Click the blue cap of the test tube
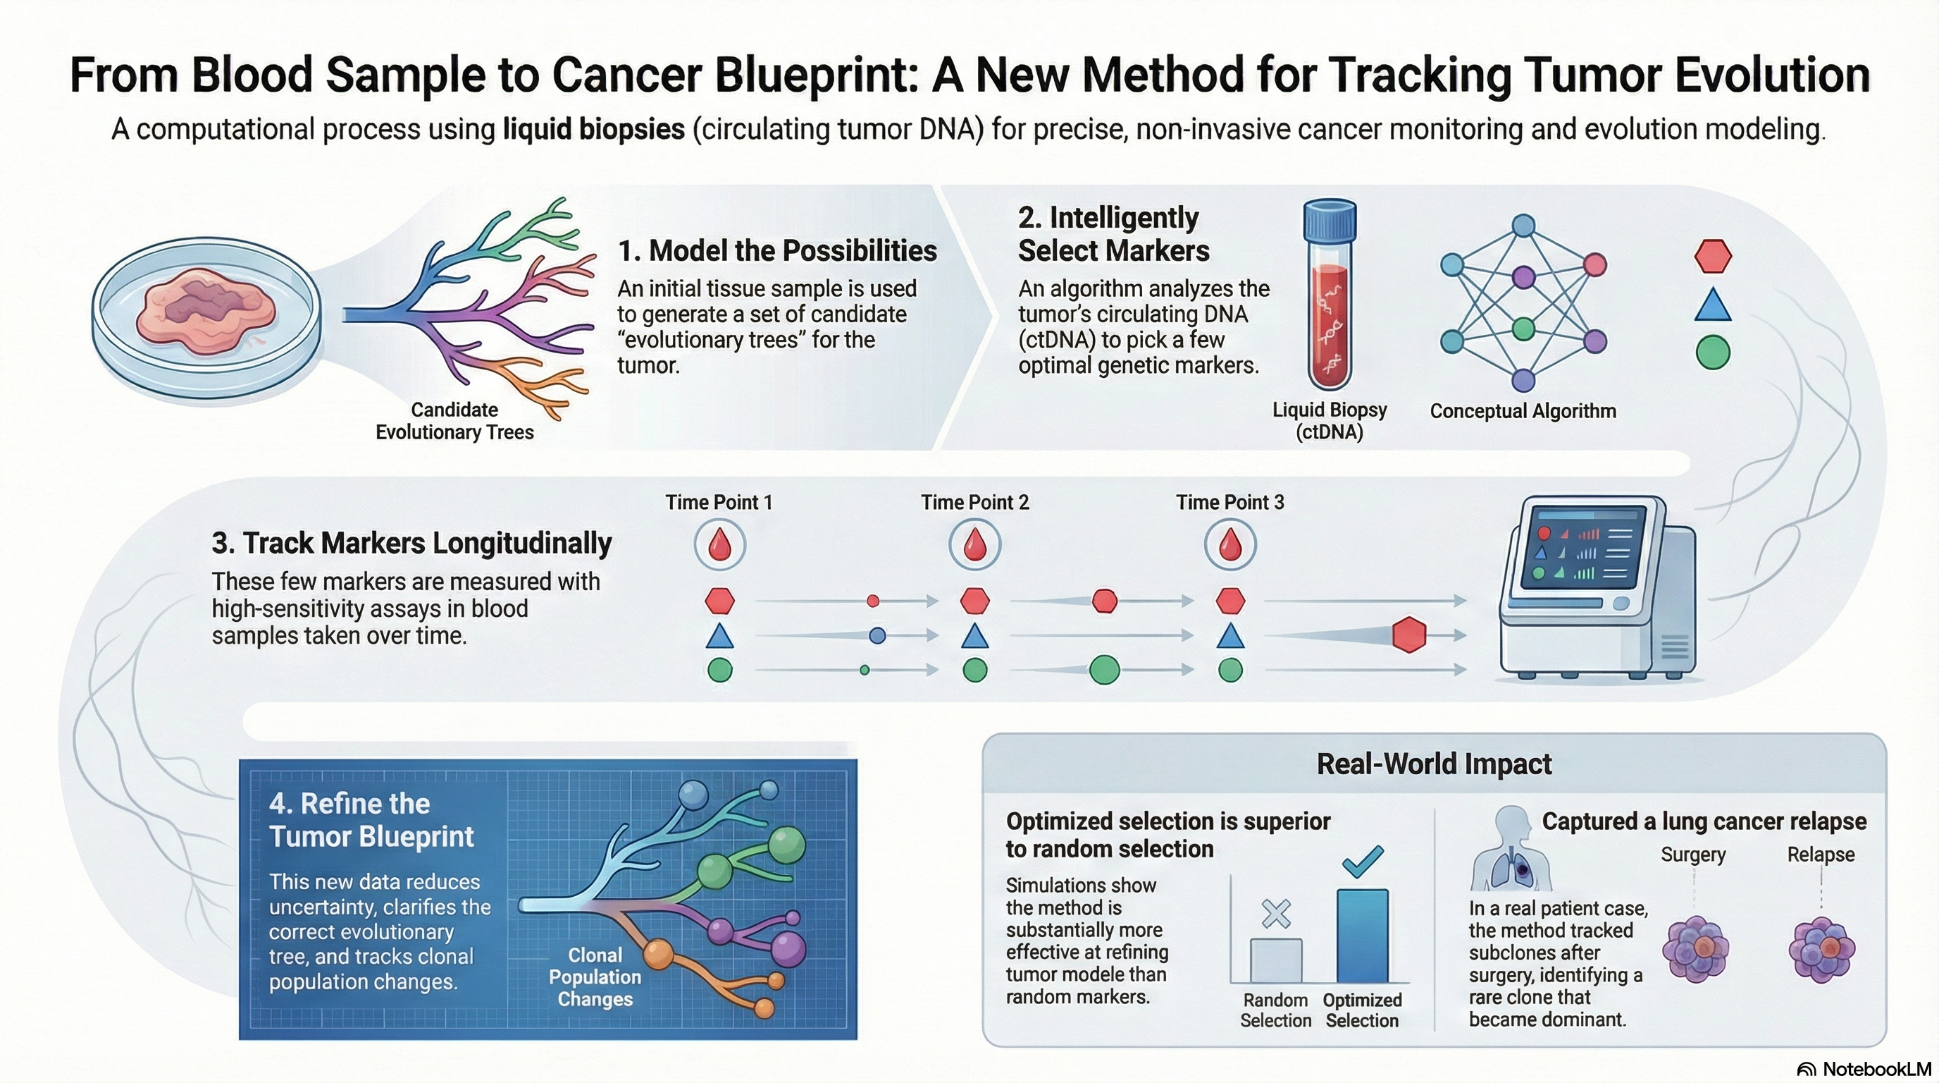pos(1330,220)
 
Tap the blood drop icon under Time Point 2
pos(974,544)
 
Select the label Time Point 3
pos(1230,502)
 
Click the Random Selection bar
pos(1276,960)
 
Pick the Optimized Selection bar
pos(1362,936)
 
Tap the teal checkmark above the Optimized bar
pos(1363,861)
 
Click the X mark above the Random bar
pos(1276,914)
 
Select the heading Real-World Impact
pos(1434,764)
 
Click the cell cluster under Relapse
pos(1821,950)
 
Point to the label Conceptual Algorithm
pos(1523,411)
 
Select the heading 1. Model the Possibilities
pos(778,251)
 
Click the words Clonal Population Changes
pos(595,977)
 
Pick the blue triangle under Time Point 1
pos(719,637)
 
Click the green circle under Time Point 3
pos(1230,670)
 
